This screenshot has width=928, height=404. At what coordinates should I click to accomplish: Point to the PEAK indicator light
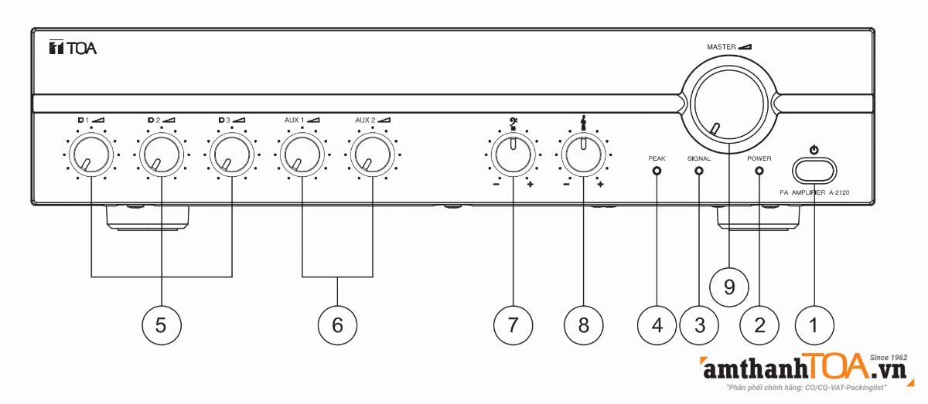click(657, 171)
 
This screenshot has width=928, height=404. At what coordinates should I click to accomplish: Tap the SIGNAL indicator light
click(699, 171)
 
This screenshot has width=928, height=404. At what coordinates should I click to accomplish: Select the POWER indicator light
click(759, 171)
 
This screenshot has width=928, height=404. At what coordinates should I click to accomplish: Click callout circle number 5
click(161, 325)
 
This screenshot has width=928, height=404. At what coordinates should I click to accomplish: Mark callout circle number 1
click(812, 325)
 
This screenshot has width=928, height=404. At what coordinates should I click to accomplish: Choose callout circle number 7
click(512, 325)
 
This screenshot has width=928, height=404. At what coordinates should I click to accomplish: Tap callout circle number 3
click(699, 325)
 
